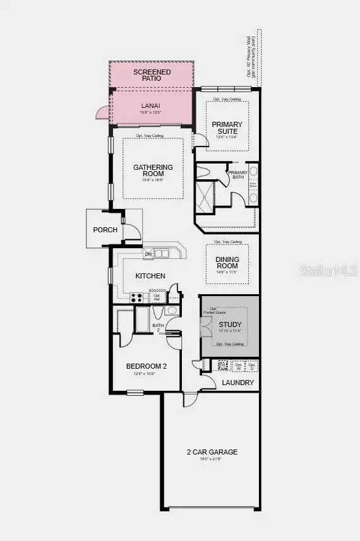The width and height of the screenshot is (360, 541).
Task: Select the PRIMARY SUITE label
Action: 227,128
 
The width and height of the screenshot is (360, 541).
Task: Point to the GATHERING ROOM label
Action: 153,170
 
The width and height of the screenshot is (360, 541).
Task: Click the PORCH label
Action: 105,230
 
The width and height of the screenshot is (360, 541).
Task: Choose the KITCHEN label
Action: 150,276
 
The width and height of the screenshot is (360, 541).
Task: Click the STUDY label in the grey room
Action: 230,325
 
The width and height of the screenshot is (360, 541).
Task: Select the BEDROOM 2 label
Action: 146,366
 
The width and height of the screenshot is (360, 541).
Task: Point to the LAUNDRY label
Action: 238,383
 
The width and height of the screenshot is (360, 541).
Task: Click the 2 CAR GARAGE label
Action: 212,451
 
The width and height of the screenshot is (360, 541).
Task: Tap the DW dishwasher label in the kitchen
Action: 149,254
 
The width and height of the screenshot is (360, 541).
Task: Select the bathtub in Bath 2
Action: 142,319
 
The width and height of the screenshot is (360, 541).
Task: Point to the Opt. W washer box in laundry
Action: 238,366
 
